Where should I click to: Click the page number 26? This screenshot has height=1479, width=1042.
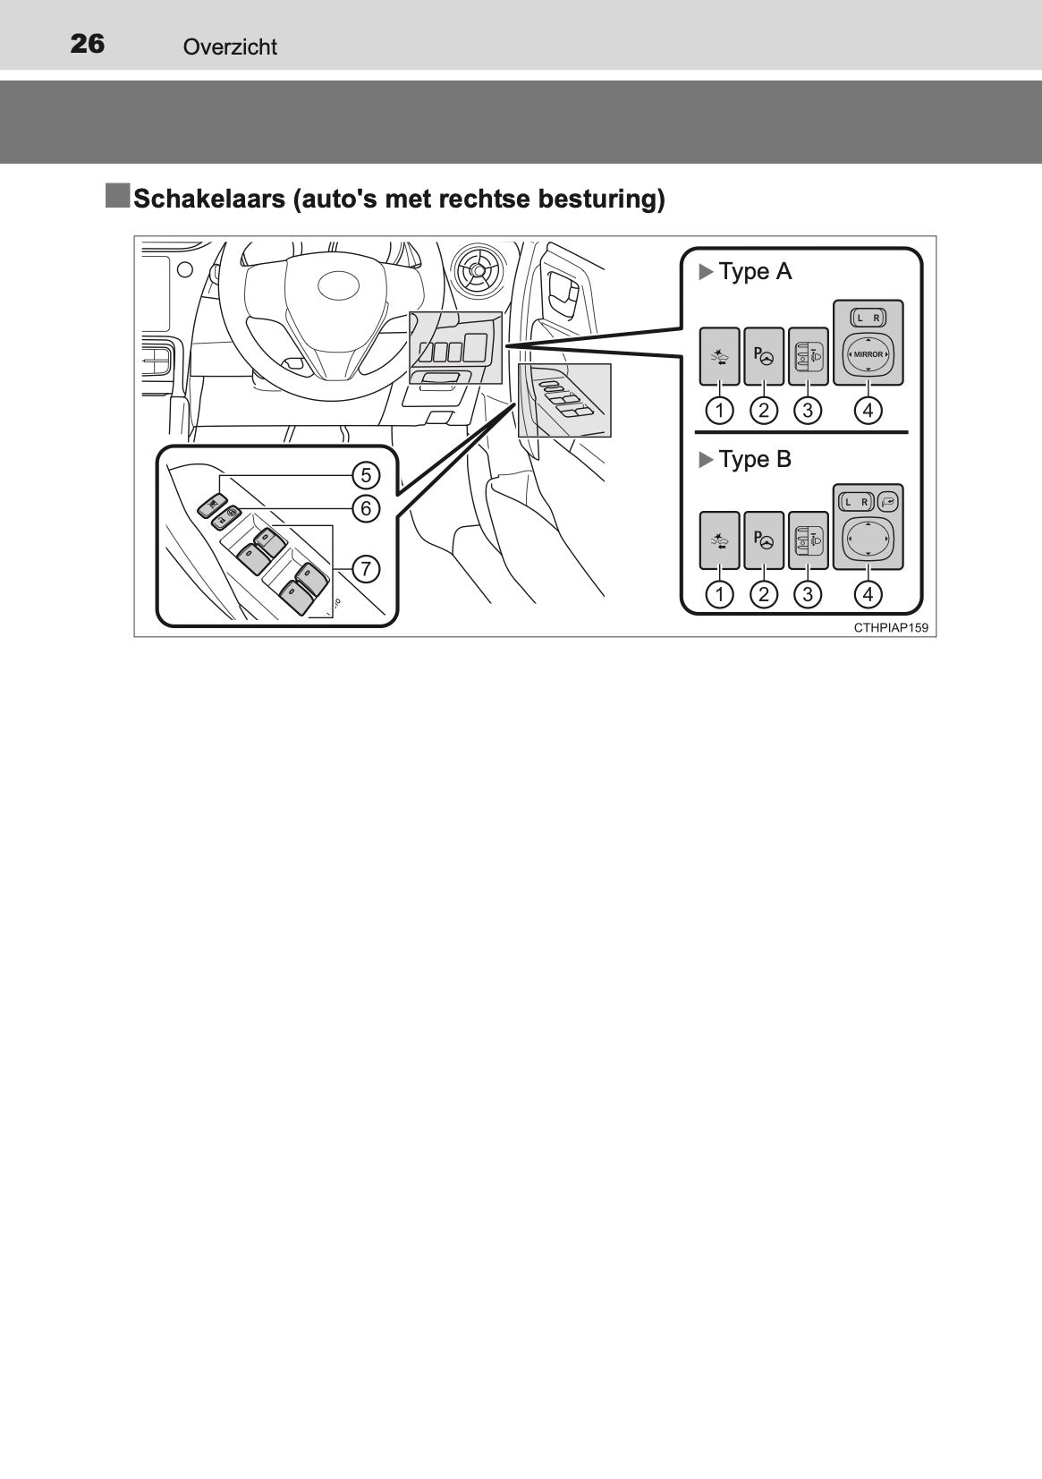pyautogui.click(x=87, y=44)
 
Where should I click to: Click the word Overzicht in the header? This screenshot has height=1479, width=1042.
pyautogui.click(x=230, y=47)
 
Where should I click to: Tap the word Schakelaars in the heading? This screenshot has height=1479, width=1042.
pyautogui.click(x=209, y=198)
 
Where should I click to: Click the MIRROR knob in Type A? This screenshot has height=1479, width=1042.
pyautogui.click(x=868, y=354)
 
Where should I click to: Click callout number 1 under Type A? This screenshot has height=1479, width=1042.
pyautogui.click(x=719, y=411)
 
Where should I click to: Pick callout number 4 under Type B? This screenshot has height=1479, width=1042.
pyautogui.click(x=868, y=594)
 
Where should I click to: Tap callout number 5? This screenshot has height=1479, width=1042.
pyautogui.click(x=366, y=475)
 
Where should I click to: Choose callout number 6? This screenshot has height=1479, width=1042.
pyautogui.click(x=366, y=508)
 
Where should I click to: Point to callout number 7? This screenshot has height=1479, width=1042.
pyautogui.click(x=366, y=568)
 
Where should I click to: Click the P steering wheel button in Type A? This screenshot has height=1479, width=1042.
pyautogui.click(x=764, y=356)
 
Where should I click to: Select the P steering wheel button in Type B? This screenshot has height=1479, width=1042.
pyautogui.click(x=764, y=540)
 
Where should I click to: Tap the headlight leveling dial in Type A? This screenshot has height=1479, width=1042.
pyautogui.click(x=808, y=356)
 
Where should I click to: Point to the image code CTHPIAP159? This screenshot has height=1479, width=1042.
pyautogui.click(x=891, y=628)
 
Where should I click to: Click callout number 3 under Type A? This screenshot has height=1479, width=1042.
pyautogui.click(x=808, y=411)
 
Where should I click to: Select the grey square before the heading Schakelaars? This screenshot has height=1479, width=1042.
pyautogui.click(x=117, y=196)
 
